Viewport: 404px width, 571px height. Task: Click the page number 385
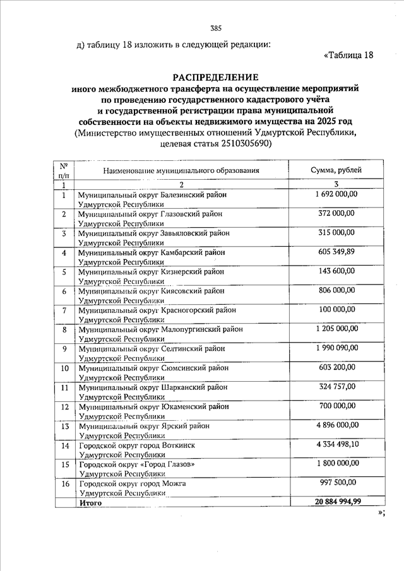(x=216, y=28)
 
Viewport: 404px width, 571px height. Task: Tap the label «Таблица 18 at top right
(x=348, y=55)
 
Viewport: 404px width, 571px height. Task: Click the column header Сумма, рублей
(x=336, y=170)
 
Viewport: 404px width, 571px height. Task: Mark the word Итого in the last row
(x=90, y=503)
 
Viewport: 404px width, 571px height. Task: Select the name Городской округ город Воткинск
(x=137, y=446)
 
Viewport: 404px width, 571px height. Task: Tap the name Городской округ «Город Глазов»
(x=136, y=465)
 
